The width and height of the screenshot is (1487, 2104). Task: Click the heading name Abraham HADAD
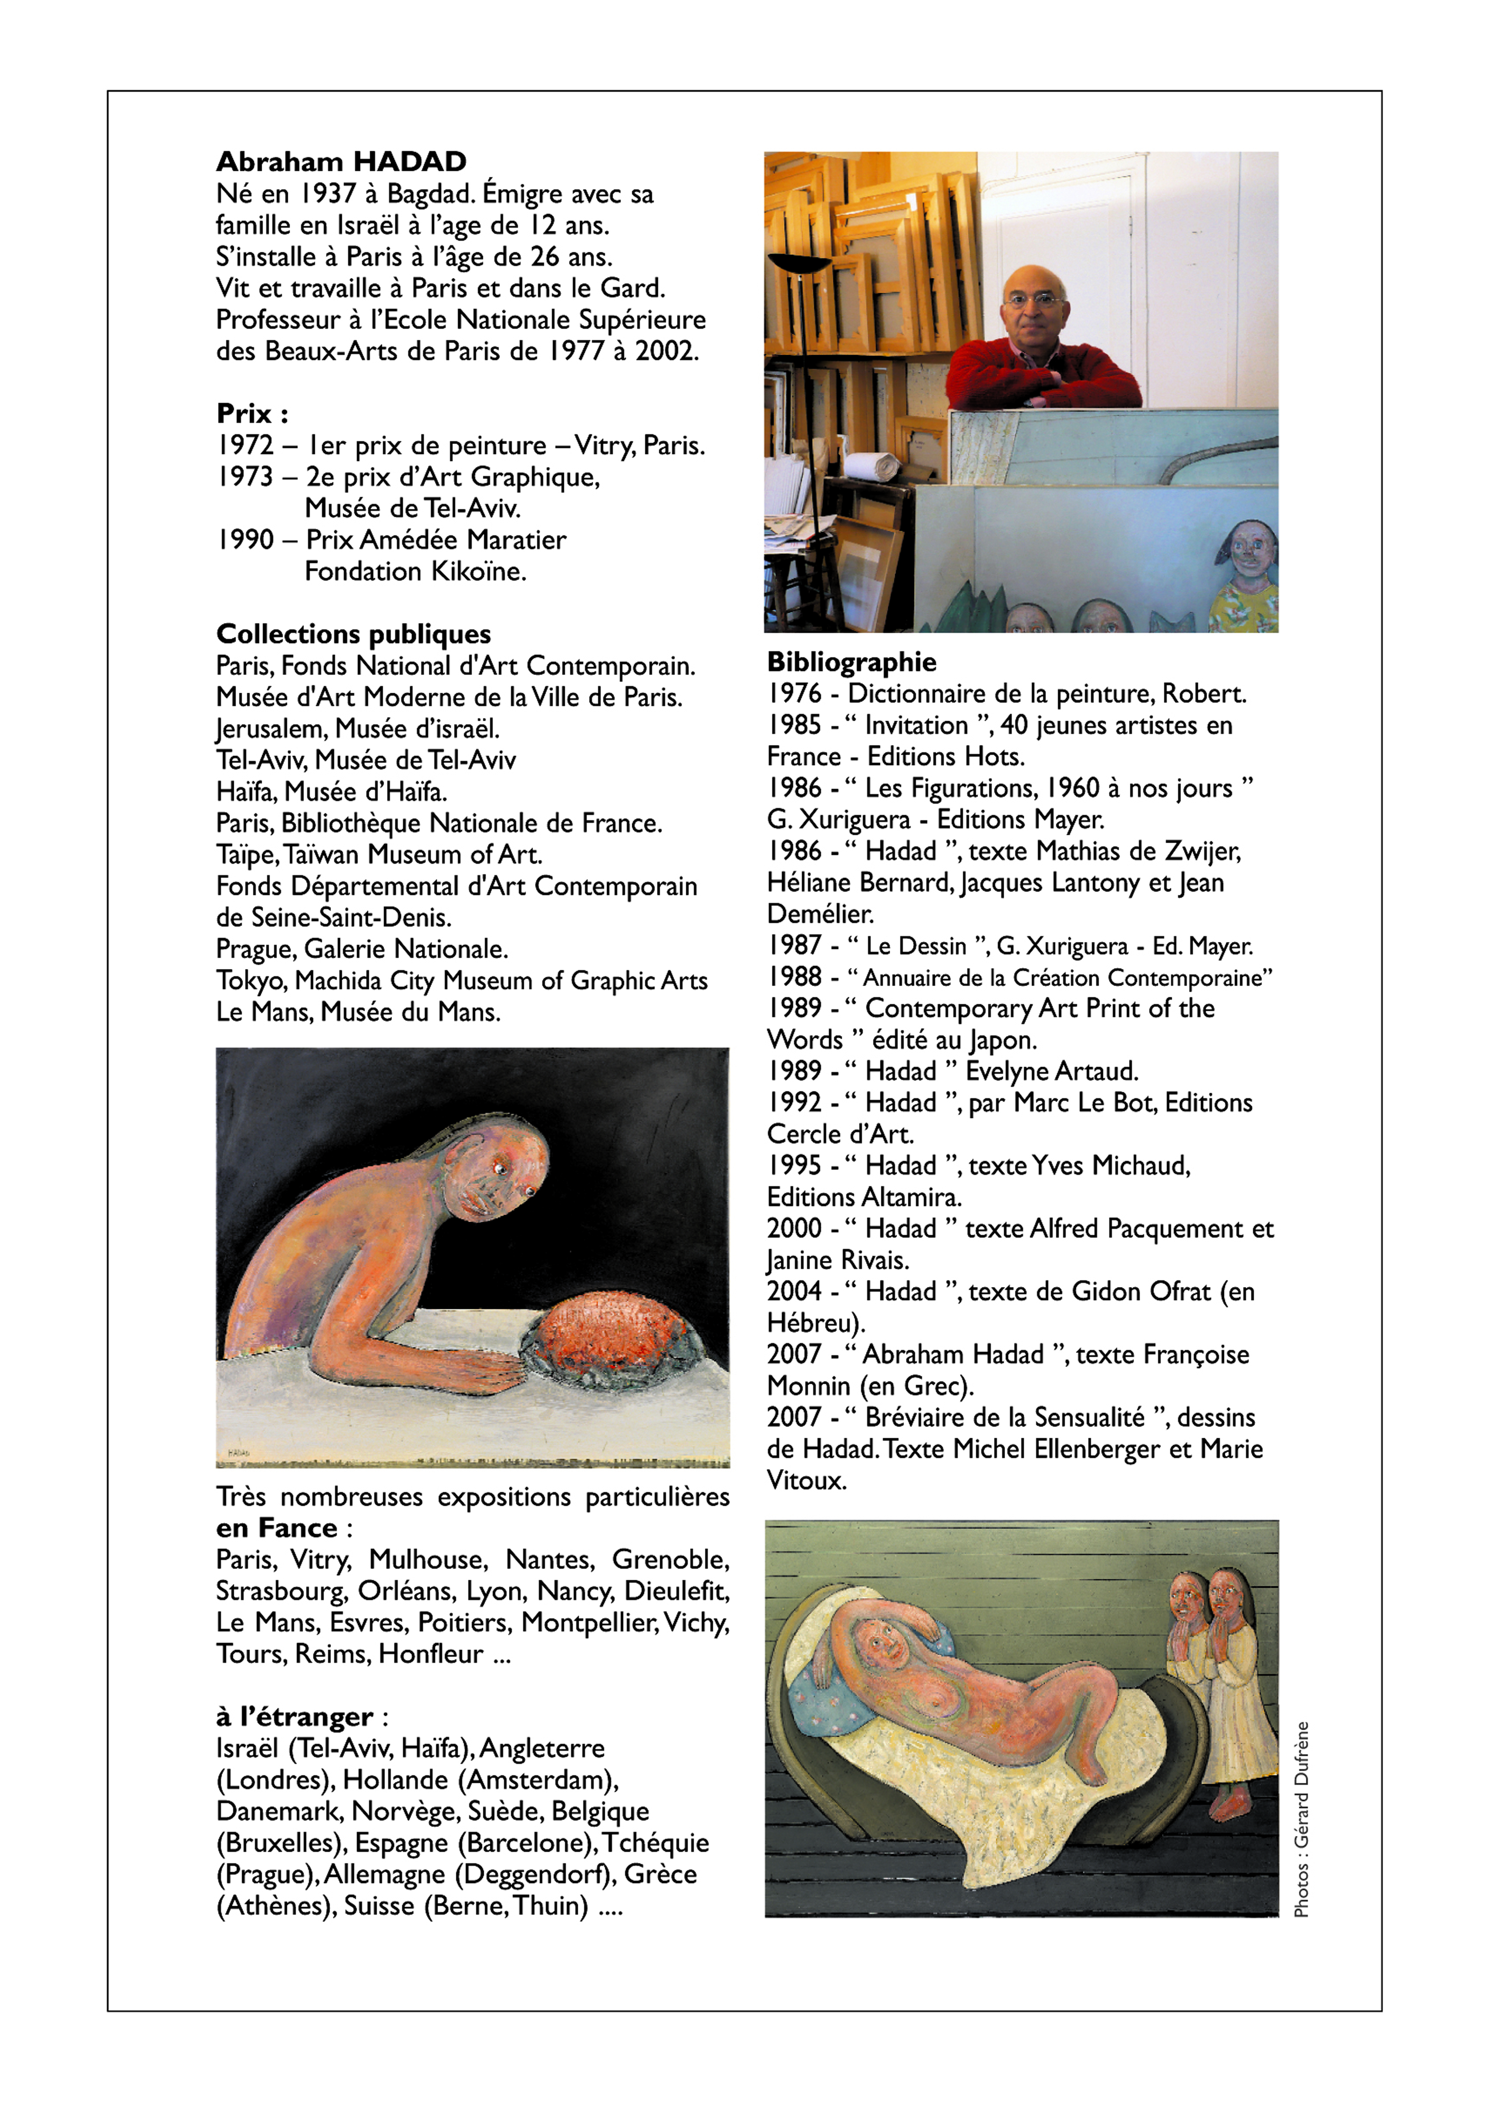[341, 162]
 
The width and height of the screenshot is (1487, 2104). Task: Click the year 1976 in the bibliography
[795, 694]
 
